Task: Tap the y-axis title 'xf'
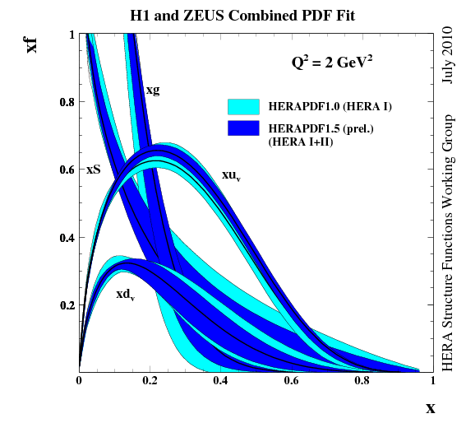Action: [31, 43]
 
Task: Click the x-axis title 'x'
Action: [430, 407]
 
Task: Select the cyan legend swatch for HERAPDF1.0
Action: [243, 106]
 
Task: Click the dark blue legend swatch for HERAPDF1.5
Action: [243, 128]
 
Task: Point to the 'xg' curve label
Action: [152, 90]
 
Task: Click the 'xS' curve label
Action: [94, 170]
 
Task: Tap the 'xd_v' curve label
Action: [125, 294]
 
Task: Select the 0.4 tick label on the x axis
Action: [220, 381]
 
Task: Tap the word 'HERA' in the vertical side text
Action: [448, 351]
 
